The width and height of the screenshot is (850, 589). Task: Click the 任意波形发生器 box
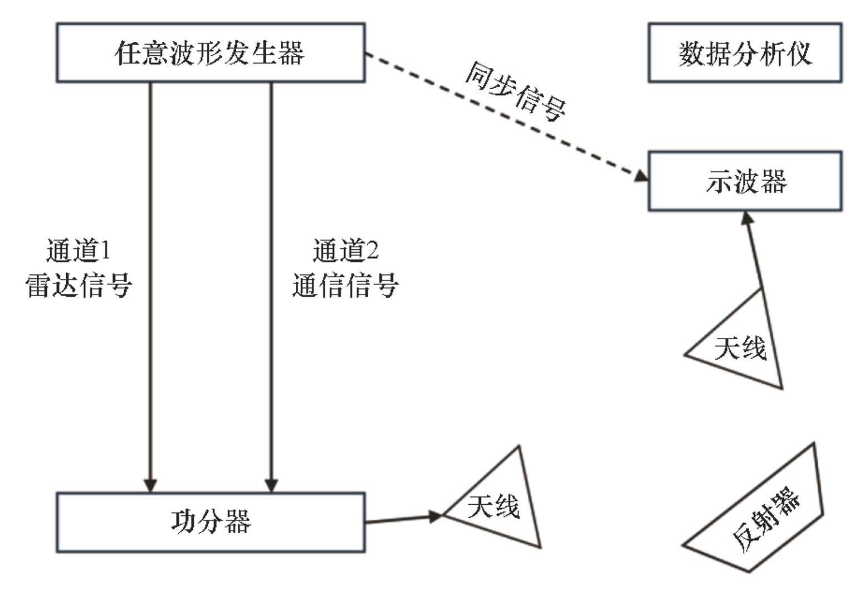pos(211,53)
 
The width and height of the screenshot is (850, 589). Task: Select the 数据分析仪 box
pos(745,53)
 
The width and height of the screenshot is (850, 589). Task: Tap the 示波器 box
pos(745,181)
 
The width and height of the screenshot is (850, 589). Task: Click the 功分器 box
pos(211,522)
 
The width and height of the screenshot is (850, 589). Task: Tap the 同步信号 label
pos(515,92)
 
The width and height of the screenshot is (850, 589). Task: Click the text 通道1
pos(78,251)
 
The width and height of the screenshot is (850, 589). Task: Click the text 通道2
pos(345,251)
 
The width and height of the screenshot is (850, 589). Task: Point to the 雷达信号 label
pos(79,285)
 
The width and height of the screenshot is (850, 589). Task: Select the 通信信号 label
pos(345,285)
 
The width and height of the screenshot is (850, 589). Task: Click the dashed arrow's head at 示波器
pos(642,176)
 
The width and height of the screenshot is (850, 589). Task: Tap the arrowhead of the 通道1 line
pos(150,485)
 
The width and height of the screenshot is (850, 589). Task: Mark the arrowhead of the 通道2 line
pos(271,485)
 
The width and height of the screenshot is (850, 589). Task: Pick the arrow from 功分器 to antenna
pos(401,519)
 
